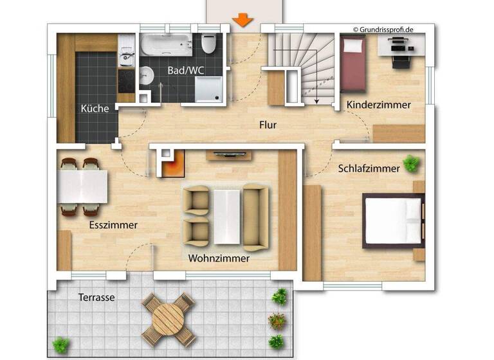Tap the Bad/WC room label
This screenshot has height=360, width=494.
pyautogui.click(x=186, y=70)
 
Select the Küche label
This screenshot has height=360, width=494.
pyautogui.click(x=94, y=109)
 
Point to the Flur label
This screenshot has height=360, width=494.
pyautogui.click(x=268, y=125)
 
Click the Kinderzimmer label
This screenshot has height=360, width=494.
pyautogui.click(x=378, y=105)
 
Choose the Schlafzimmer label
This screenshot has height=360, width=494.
pyautogui.click(x=369, y=168)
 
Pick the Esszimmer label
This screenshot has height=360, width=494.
pyautogui.click(x=113, y=225)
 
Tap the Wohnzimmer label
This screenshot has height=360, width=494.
pyautogui.click(x=219, y=258)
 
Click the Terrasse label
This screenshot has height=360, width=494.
pyautogui.click(x=96, y=298)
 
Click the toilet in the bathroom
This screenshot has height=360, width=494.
pyautogui.click(x=208, y=45)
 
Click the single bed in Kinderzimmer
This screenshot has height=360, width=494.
pyautogui.click(x=352, y=64)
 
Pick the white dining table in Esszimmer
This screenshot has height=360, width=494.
pyautogui.click(x=82, y=186)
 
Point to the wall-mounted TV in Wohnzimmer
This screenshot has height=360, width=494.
pyautogui.click(x=228, y=154)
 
